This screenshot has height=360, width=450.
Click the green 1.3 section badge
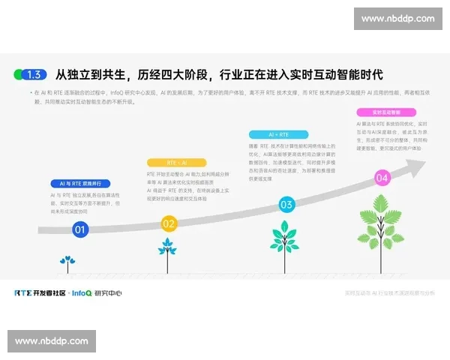31,74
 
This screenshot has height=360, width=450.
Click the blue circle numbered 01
80,229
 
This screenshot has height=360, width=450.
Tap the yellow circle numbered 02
169,223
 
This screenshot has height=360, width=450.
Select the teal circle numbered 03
286,204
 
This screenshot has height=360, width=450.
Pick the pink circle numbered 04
382,178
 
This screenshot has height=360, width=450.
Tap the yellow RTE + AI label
176,162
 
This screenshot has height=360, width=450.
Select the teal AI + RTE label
277,134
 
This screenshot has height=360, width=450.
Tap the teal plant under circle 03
284,240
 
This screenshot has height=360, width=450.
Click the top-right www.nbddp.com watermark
397,18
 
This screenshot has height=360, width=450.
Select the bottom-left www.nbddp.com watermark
51,341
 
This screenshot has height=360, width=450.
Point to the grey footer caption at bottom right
389,292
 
